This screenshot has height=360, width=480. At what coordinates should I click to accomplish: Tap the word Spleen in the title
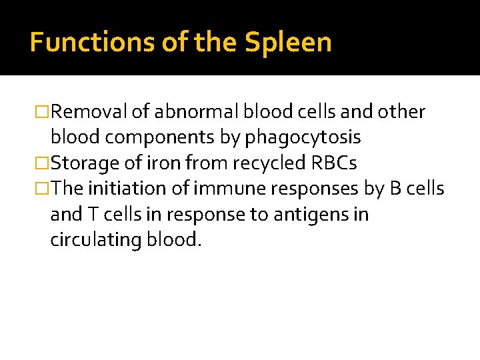288,43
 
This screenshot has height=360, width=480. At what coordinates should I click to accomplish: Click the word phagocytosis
303,138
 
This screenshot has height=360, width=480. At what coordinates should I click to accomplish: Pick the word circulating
95,240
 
